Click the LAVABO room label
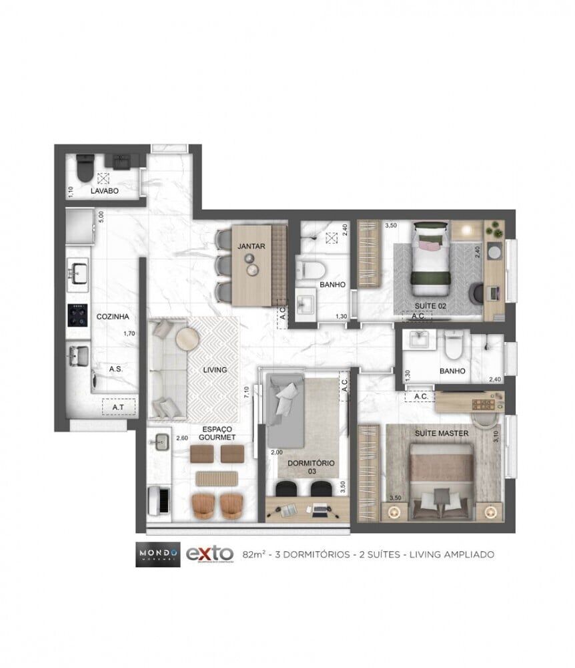[104, 191]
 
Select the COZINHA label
[112, 317]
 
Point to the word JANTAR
[251, 246]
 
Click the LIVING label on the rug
[215, 369]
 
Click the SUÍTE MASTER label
[441, 433]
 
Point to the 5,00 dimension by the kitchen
[101, 217]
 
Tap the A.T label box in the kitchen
[118, 405]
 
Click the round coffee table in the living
[186, 339]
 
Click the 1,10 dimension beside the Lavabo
[71, 191]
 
